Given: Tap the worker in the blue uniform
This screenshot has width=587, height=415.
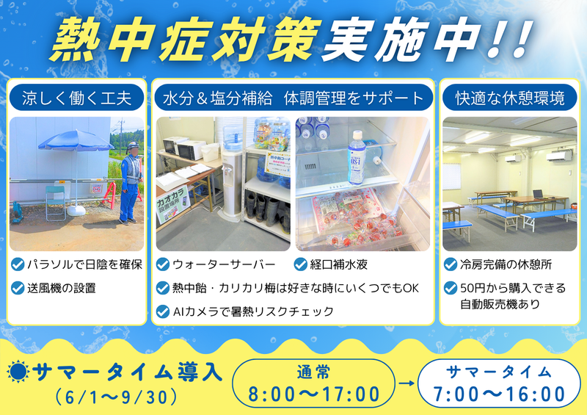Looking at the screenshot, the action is tap(131, 183).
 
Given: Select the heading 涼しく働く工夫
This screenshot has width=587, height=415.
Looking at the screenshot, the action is tap(77, 98).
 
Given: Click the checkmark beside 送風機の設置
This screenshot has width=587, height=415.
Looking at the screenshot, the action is tap(18, 288).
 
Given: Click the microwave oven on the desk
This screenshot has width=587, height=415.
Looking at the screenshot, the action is tap(191, 149).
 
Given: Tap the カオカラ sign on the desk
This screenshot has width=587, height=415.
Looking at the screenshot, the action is tap(172, 203).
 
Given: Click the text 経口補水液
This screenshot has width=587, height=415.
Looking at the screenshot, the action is tap(338, 264).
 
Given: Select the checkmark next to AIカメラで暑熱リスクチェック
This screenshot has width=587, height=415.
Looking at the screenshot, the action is tap(162, 311).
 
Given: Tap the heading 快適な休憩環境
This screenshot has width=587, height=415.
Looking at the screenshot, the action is tap(510, 98).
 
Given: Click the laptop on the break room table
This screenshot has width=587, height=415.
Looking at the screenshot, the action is tap(538, 194).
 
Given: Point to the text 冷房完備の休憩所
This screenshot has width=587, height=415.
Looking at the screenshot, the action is tap(506, 264).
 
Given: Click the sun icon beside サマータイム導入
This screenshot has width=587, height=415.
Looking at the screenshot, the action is tap(18, 371).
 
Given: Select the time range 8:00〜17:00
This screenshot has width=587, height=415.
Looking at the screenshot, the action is tap(314, 394).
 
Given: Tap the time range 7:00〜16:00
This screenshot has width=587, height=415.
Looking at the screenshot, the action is tap(499, 394).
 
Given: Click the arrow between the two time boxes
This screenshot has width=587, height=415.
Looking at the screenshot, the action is tap(406, 383).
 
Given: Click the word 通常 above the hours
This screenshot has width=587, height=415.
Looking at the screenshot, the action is tap(314, 372).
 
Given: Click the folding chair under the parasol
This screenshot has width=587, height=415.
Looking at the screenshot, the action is tap(56, 203).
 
